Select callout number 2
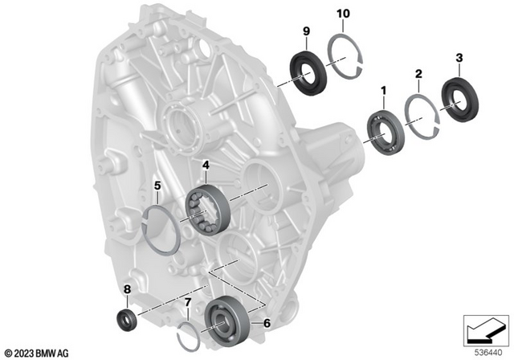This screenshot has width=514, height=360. pyautogui.click(x=418, y=74)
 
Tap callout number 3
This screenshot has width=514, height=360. pyautogui.click(x=459, y=58)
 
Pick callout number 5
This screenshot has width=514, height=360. pyautogui.click(x=158, y=186)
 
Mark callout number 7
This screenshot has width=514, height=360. pyautogui.click(x=188, y=302)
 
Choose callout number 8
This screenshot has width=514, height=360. pyautogui.click(x=127, y=289)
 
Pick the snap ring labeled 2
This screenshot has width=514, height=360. pyautogui.click(x=418, y=112)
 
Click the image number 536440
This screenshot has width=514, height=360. pyautogui.click(x=484, y=350)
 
